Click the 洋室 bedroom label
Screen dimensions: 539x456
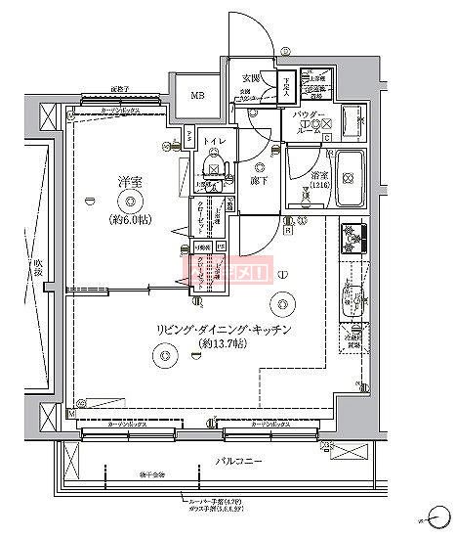coord(125,181)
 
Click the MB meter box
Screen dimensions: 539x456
coord(196,95)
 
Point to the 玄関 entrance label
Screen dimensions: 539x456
coord(252,78)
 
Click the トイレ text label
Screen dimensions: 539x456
coord(214,140)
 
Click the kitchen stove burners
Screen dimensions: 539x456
coord(352,238)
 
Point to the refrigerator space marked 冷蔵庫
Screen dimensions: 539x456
coord(353,337)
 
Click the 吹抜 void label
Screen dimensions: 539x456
coord(36,266)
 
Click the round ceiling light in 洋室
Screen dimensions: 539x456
coord(125,202)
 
